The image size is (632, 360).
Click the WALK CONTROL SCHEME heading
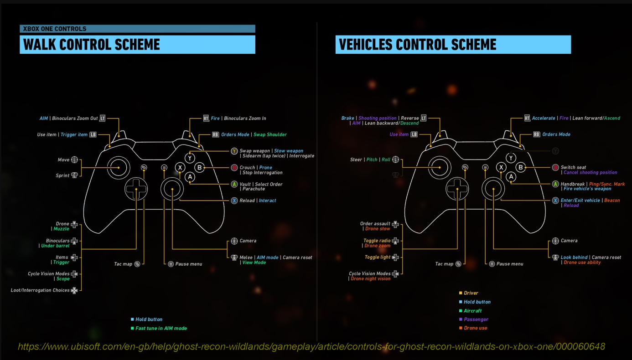[92, 45]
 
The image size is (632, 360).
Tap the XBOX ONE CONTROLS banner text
[55, 29]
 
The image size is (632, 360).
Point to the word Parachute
[254, 189]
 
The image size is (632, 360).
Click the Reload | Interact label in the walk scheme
[258, 201]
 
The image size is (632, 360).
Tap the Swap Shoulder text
[270, 134]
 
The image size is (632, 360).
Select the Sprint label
[62, 175]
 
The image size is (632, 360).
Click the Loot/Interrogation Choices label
[40, 290]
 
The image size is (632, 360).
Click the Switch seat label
[573, 167]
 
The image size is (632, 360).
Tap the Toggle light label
[377, 257]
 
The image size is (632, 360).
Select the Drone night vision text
[370, 279]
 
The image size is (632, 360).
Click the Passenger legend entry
[476, 319]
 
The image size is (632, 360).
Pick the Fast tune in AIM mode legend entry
[161, 328]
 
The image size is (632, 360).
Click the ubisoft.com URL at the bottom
[311, 347]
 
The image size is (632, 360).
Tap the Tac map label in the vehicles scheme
[444, 264]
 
